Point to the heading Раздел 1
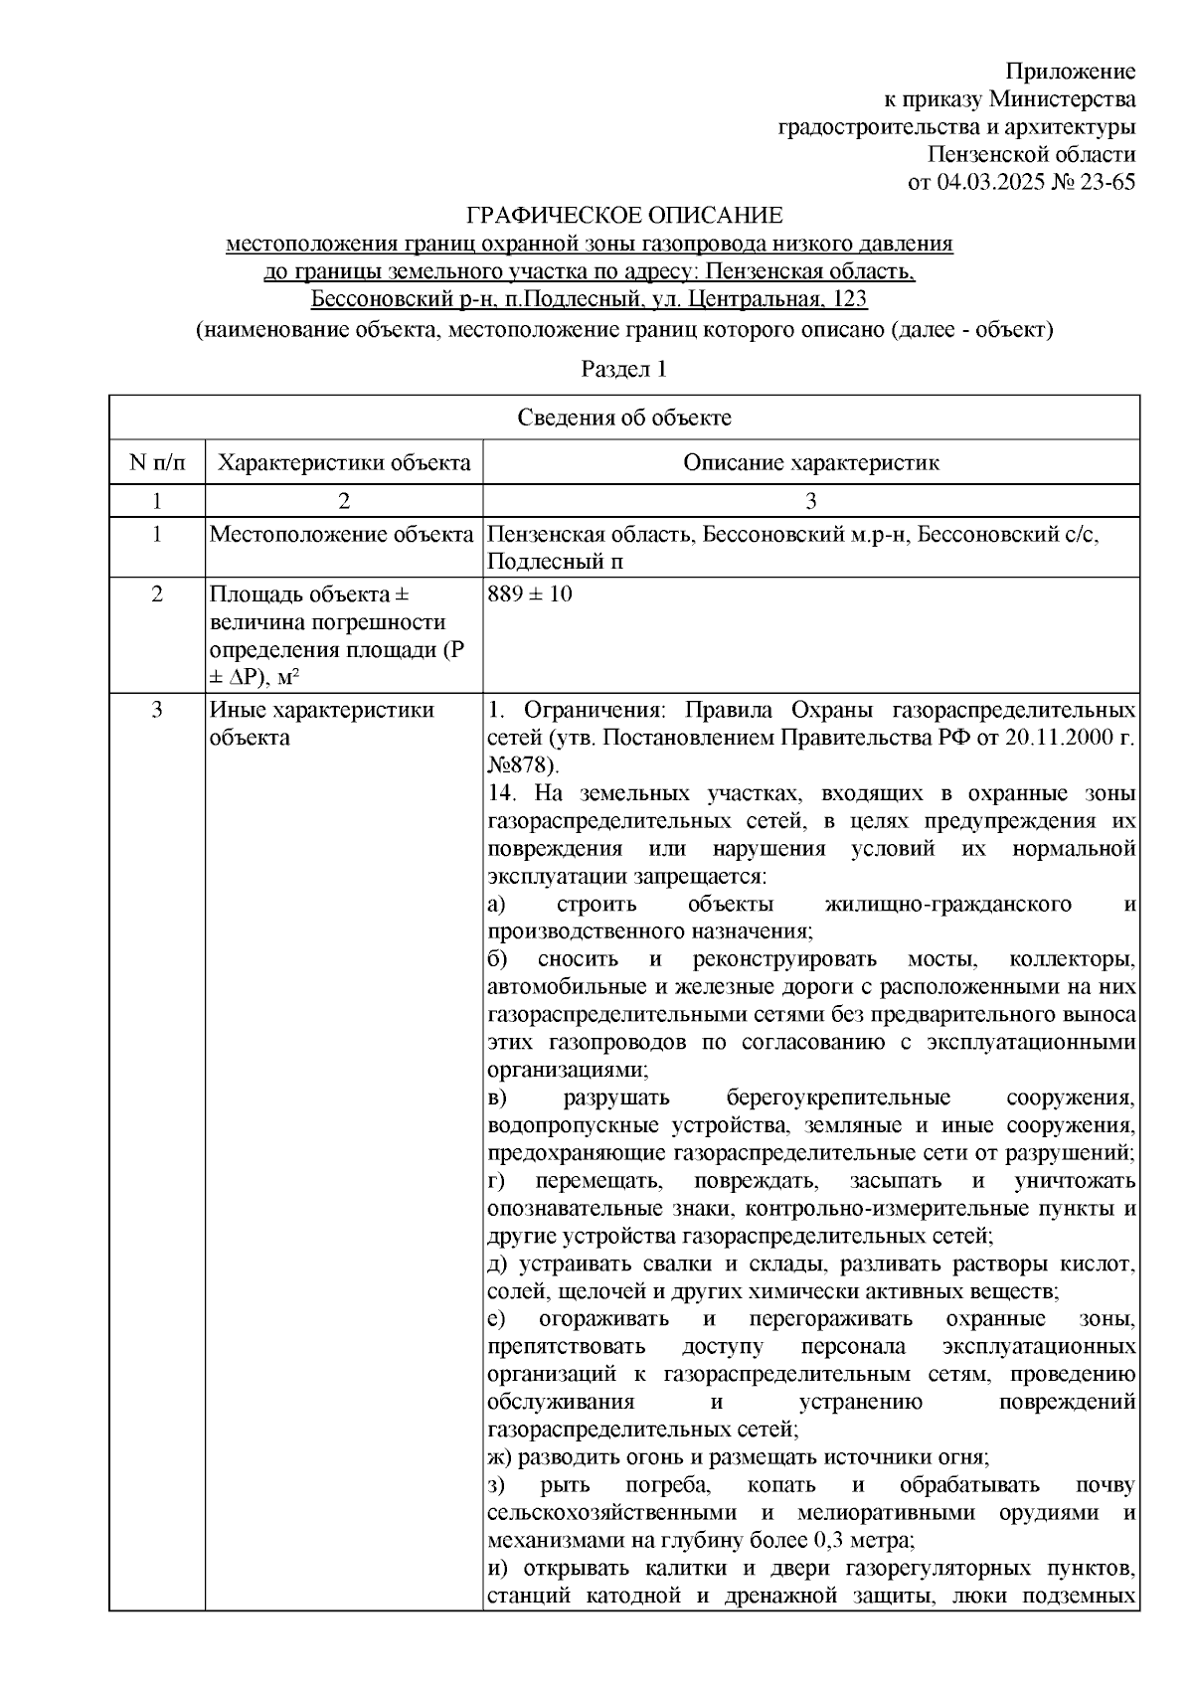623,370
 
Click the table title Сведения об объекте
623,418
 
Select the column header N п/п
156,462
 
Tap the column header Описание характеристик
810,462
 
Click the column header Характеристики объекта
344,462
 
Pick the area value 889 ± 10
530,594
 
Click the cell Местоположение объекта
341,535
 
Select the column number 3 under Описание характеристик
810,500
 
